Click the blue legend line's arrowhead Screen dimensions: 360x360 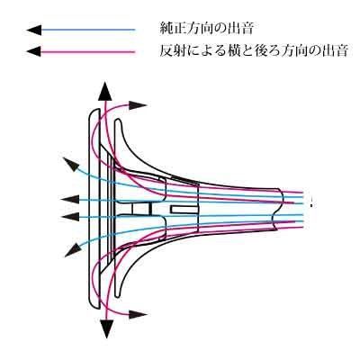[x=33, y=30]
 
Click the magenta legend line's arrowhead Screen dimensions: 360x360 [x=33, y=51]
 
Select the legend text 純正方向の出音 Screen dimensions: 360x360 [x=207, y=29]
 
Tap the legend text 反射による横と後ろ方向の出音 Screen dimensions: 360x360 [x=254, y=50]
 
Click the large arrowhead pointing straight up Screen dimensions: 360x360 [x=105, y=91]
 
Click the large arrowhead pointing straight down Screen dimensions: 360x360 [x=106, y=328]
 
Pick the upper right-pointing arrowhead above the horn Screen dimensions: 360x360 [x=138, y=105]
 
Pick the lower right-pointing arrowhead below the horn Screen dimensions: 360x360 [x=138, y=315]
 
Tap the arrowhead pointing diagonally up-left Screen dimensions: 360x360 [x=70, y=164]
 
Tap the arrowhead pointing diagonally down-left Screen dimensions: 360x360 [x=72, y=249]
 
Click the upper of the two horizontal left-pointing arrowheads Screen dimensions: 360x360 [x=69, y=199]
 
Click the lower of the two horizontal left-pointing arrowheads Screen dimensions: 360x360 [x=69, y=216]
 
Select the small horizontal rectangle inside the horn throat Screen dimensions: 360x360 [x=184, y=210]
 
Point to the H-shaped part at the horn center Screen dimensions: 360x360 [x=141, y=209]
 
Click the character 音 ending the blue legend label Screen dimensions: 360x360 [x=247, y=29]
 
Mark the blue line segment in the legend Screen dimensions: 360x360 [x=88, y=30]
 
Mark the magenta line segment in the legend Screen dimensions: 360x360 [x=88, y=52]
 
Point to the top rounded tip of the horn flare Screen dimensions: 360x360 [x=118, y=121]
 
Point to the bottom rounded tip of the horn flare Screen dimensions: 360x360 [x=118, y=294]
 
